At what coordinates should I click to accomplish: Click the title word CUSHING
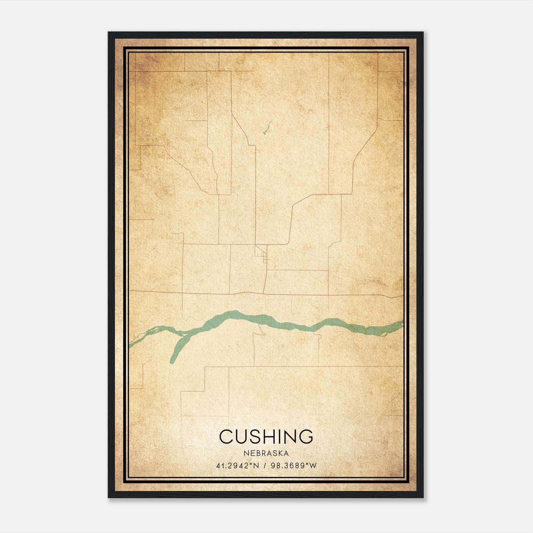(266, 436)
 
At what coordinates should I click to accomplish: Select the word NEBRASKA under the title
(266, 453)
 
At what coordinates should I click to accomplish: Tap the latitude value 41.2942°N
(238, 466)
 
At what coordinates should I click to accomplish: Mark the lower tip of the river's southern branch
(172, 361)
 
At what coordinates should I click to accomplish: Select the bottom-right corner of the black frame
(423, 497)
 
